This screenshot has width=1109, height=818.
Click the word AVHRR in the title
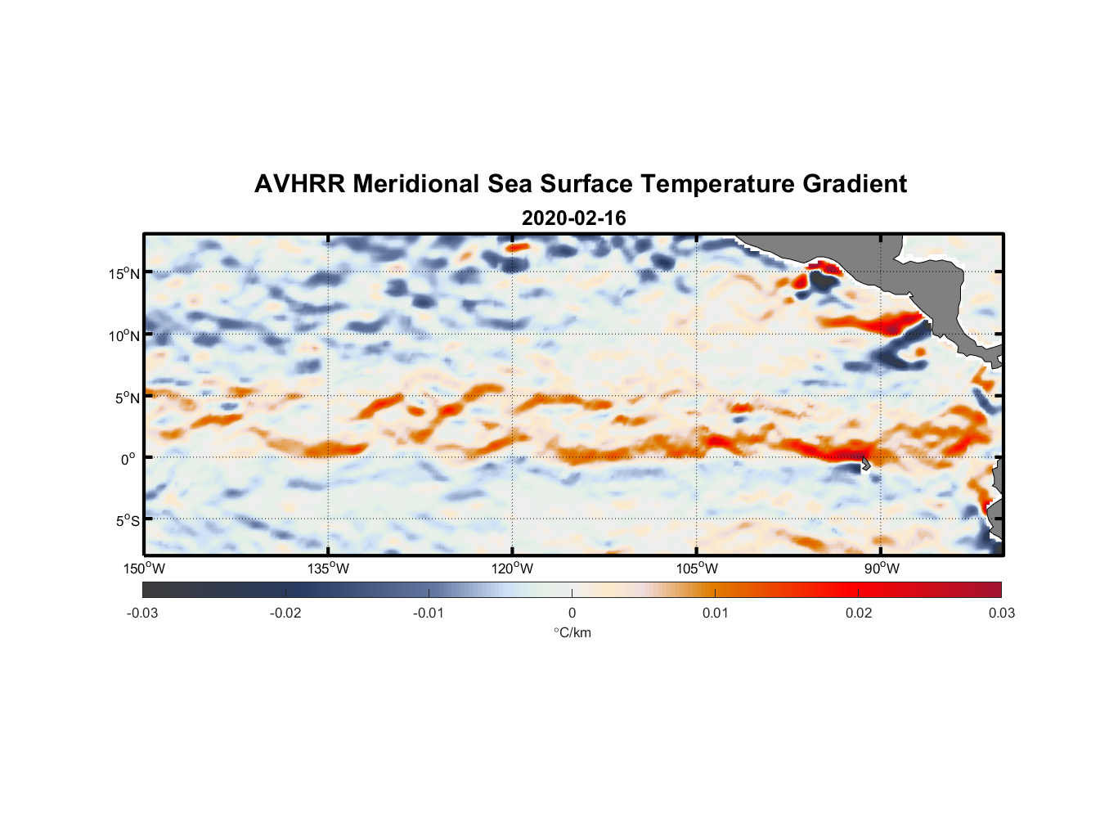(299, 184)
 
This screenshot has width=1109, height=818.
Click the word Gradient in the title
(855, 184)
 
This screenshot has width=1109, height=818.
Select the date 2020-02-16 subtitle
(573, 218)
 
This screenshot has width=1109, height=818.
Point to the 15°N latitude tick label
(124, 273)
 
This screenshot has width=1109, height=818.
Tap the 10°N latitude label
(124, 335)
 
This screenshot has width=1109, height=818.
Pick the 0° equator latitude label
(128, 459)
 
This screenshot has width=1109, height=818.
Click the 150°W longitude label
(145, 569)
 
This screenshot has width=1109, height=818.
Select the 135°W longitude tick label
(329, 569)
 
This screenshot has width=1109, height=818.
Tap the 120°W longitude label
(513, 569)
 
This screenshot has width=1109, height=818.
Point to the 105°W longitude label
(697, 569)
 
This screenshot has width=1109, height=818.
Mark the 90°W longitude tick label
(882, 569)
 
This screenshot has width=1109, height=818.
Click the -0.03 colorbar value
(142, 613)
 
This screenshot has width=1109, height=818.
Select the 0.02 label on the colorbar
(858, 613)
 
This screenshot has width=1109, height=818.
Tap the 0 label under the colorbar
(572, 613)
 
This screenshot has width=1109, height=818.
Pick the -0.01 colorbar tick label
(429, 613)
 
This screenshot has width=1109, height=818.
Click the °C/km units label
(572, 632)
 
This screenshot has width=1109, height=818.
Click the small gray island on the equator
(865, 462)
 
